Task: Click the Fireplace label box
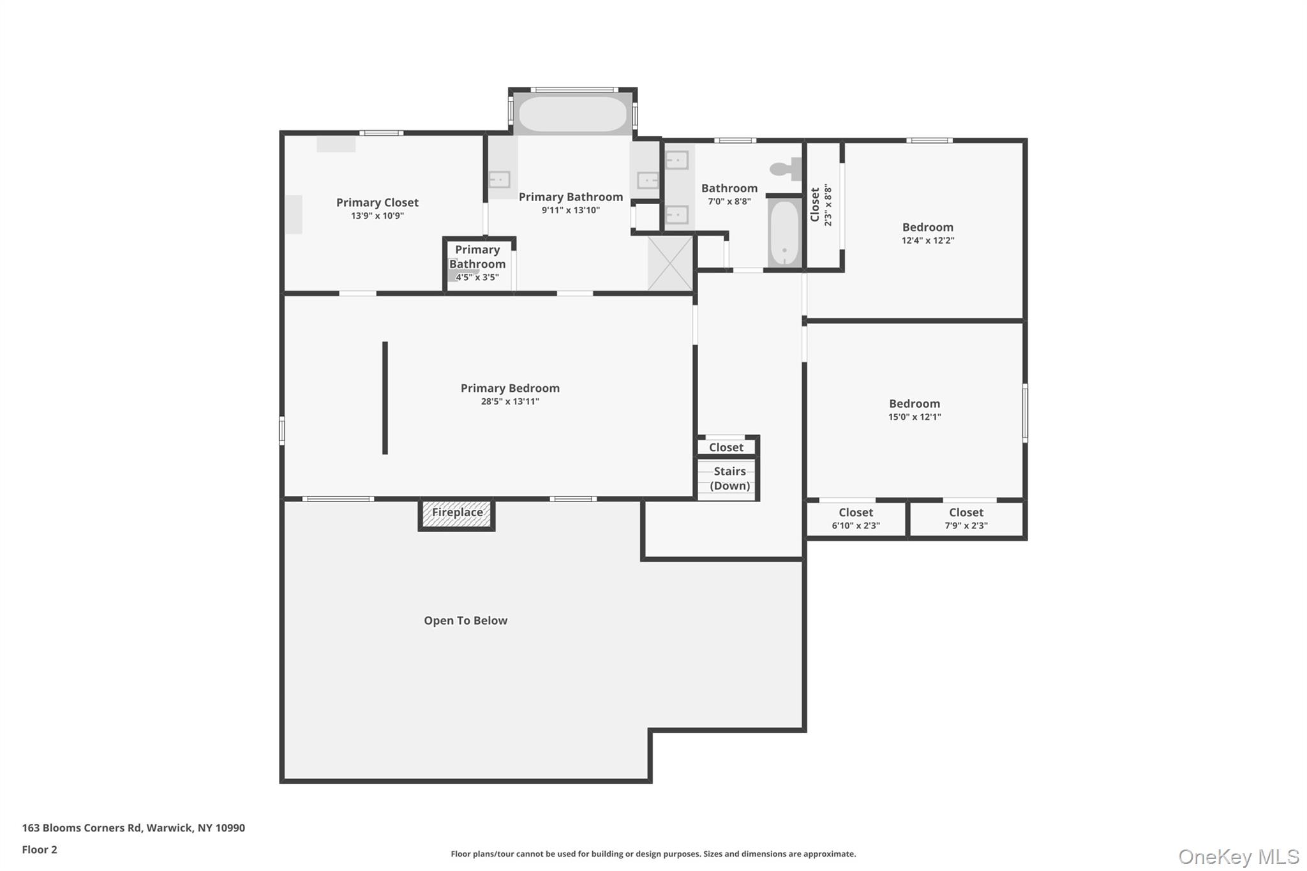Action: (x=457, y=514)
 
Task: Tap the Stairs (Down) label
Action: (x=729, y=479)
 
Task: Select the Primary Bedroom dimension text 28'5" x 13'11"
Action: (x=510, y=401)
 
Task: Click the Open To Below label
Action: (x=466, y=620)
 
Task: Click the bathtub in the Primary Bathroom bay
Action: (x=572, y=114)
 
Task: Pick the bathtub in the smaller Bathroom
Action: (x=784, y=232)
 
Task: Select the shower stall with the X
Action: (x=670, y=264)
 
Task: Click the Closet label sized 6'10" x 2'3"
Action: (x=856, y=518)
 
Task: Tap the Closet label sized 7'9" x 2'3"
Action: (x=966, y=518)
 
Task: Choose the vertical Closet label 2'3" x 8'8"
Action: (x=821, y=205)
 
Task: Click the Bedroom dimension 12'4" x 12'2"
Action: (x=928, y=241)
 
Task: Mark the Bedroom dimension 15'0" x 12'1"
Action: (x=915, y=417)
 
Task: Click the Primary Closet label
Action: (x=377, y=202)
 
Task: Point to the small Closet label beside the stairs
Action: (x=726, y=447)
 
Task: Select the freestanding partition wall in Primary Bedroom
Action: (x=385, y=398)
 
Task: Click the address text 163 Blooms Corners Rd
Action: (x=82, y=828)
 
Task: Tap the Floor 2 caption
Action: (x=40, y=849)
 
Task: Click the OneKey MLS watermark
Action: (x=1239, y=856)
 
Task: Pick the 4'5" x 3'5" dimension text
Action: (x=477, y=277)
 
